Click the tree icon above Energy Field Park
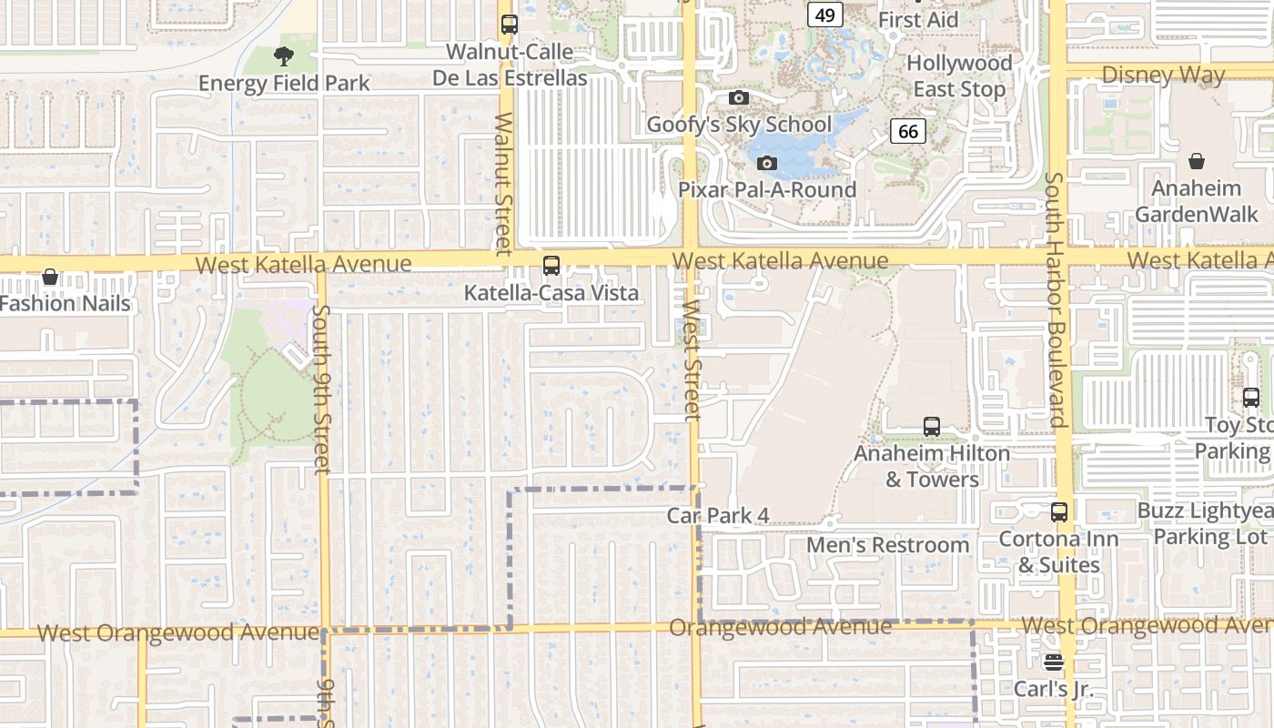(284, 56)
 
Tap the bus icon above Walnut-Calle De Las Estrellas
(510, 25)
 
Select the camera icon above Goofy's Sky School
(739, 97)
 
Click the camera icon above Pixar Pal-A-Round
(767, 163)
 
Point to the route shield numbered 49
(825, 15)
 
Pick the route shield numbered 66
(907, 131)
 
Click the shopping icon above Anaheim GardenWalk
(1197, 161)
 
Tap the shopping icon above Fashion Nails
(50, 277)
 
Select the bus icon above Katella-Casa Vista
(551, 266)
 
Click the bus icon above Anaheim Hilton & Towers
(932, 426)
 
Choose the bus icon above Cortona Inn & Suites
(1059, 511)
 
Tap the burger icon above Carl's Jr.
(1054, 662)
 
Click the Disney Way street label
(1163, 76)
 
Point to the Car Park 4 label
(718, 516)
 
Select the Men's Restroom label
(888, 545)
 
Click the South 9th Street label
(320, 389)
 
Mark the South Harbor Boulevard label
(1055, 300)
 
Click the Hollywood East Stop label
(959, 76)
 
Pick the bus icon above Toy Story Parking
(1251, 398)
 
